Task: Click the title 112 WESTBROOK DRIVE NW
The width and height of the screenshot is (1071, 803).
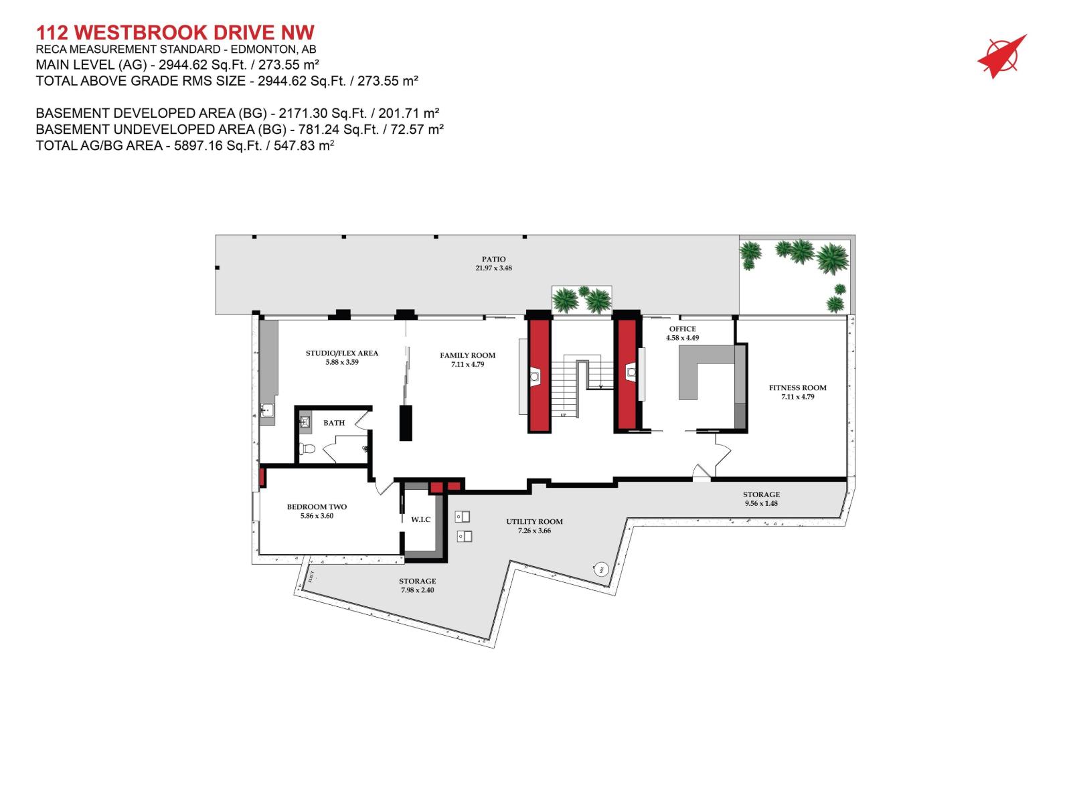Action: point(175,33)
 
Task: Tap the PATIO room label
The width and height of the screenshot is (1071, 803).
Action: point(493,259)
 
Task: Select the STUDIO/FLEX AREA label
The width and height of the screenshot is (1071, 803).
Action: point(341,353)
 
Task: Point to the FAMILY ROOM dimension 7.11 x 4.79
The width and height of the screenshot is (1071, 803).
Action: point(467,365)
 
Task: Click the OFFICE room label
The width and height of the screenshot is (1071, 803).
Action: point(682,329)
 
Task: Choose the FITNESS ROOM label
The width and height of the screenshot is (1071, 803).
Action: point(797,387)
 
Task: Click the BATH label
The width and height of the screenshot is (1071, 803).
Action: point(334,423)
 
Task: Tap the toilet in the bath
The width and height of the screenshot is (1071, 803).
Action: point(307,449)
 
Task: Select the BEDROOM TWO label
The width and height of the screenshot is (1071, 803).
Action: point(317,507)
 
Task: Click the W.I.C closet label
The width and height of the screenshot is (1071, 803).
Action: point(420,519)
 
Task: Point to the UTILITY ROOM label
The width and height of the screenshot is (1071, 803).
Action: point(534,521)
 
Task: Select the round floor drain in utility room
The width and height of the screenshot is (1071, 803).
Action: point(600,569)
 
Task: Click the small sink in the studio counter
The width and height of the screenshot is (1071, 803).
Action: point(267,410)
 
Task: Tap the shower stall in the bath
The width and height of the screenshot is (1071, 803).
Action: point(305,422)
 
